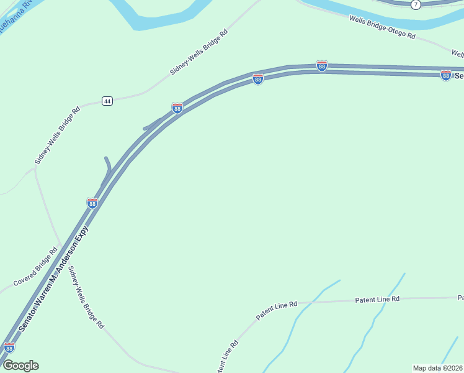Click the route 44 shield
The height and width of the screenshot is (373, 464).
pyautogui.click(x=107, y=101)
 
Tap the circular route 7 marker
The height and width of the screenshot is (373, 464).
pyautogui.click(x=415, y=4)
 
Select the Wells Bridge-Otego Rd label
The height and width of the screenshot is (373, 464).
pyautogui.click(x=382, y=28)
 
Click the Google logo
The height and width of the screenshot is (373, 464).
pyautogui.click(x=20, y=366)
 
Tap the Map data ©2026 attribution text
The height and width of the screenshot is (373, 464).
pyautogui.click(x=438, y=368)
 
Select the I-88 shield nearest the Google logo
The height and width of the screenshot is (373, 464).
pyautogui.click(x=9, y=348)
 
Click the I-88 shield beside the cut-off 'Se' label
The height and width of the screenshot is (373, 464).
pyautogui.click(x=445, y=75)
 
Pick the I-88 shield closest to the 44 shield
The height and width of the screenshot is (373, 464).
pyautogui.click(x=177, y=108)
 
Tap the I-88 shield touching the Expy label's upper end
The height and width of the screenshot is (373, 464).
pyautogui.click(x=92, y=203)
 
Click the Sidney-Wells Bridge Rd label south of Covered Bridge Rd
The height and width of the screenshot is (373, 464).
pyautogui.click(x=86, y=297)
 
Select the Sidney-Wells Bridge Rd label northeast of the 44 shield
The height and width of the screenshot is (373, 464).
pyautogui.click(x=199, y=52)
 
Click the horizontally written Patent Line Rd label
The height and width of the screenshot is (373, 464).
pyautogui.click(x=377, y=299)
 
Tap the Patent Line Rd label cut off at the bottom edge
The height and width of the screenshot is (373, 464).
pyautogui.click(x=226, y=357)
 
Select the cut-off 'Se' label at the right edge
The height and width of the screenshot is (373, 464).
pyautogui.click(x=459, y=76)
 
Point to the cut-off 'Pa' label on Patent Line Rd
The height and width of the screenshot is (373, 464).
pyautogui.click(x=460, y=297)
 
